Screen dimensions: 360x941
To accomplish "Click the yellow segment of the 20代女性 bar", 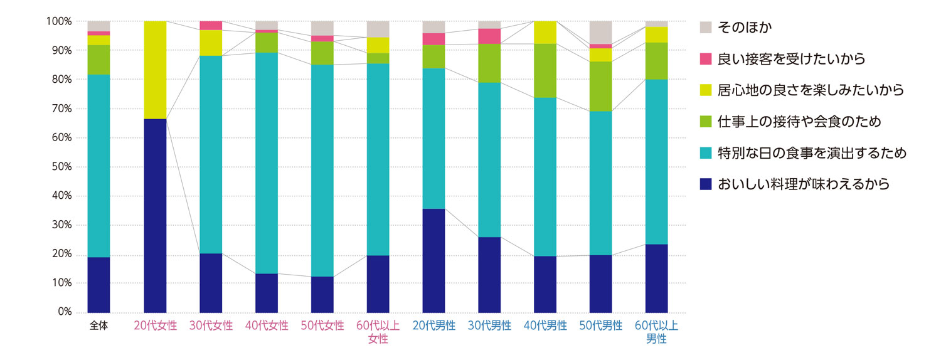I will [155, 70].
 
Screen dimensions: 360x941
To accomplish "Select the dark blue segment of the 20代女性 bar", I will [155, 215].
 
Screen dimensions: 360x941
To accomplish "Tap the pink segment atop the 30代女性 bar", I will [211, 25].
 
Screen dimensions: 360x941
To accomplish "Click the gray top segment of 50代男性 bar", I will [600, 32].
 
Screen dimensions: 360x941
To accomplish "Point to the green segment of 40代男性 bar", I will [545, 70].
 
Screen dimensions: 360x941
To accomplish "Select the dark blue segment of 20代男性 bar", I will [433, 260].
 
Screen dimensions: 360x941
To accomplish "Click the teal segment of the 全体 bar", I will [98, 166].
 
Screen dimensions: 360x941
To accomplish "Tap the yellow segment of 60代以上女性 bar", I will [378, 45].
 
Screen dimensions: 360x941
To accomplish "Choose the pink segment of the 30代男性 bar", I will [489, 36].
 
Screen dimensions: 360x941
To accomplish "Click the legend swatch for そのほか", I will [705, 28].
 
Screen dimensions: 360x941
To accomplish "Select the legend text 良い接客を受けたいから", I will [791, 59].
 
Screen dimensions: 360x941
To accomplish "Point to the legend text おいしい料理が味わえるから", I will [804, 184].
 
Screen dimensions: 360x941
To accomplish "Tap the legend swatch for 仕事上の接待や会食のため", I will [705, 122].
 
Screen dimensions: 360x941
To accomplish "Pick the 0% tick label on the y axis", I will [63, 312].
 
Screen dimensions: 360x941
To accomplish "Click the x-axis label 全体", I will [98, 326].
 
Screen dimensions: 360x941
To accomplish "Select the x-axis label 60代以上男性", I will [656, 332].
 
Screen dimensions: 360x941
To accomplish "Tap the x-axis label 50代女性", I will [322, 326].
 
